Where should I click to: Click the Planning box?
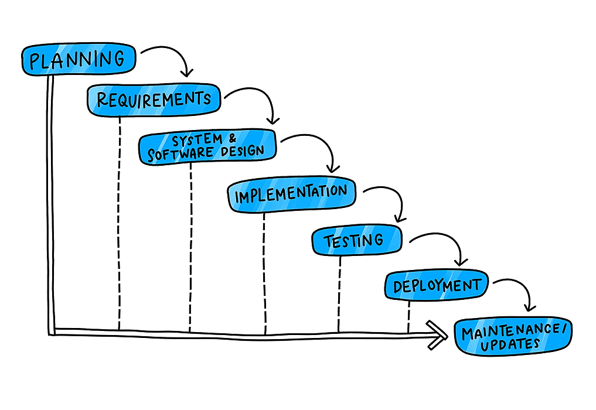click(x=79, y=59)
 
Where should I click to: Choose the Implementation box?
click(x=291, y=194)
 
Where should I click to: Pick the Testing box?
click(x=356, y=241)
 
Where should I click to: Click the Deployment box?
click(x=436, y=285)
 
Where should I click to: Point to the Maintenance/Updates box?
click(x=513, y=337)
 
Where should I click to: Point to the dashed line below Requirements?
click(x=120, y=223)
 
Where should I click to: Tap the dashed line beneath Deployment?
click(x=408, y=316)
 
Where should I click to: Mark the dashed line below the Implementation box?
click(x=264, y=272)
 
